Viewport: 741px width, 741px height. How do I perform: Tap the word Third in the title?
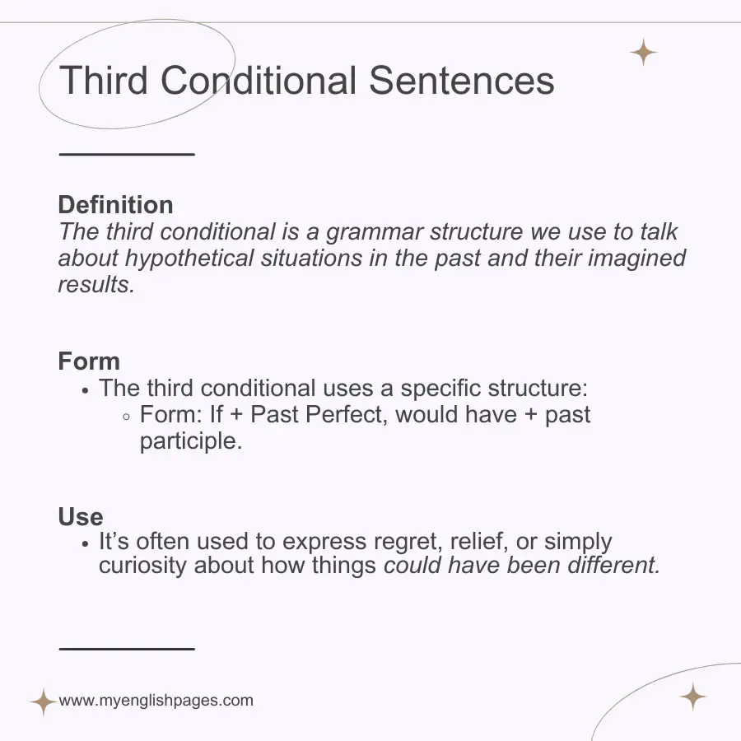coord(105,81)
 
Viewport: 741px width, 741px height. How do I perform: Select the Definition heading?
coord(115,205)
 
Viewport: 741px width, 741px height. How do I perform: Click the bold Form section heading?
coord(89,361)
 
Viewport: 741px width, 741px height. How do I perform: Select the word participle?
coord(191,441)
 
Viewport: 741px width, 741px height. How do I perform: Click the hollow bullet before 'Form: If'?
coord(126,416)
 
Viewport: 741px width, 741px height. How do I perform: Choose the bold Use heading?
coord(81,517)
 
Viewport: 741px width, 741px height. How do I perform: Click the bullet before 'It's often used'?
coord(86,544)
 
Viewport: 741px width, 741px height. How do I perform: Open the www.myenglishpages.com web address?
coord(156,701)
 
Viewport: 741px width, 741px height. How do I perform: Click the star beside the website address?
coord(42,702)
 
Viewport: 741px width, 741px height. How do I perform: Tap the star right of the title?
coord(643,53)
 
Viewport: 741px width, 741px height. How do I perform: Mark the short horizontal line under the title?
coord(127,154)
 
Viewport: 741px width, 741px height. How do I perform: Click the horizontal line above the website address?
coord(127,649)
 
